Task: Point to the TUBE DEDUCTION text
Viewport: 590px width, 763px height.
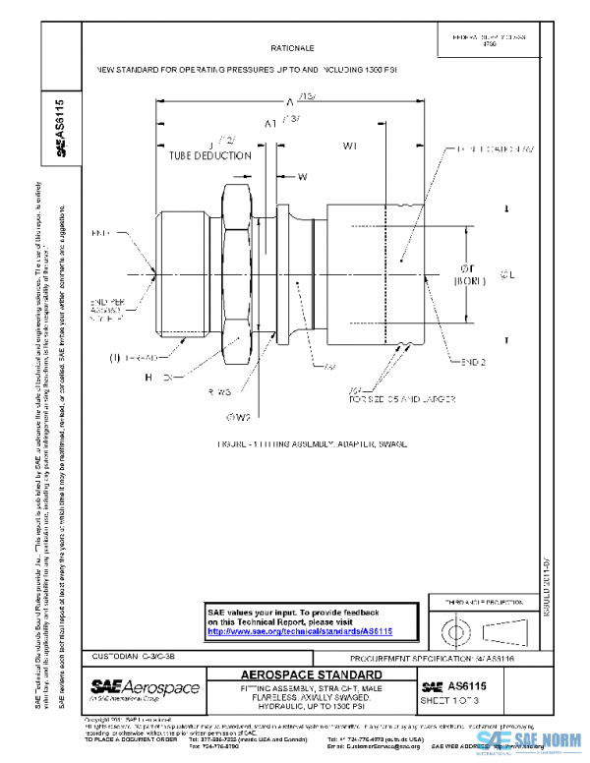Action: [203, 154]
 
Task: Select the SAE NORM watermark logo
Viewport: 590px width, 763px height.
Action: [531, 741]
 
